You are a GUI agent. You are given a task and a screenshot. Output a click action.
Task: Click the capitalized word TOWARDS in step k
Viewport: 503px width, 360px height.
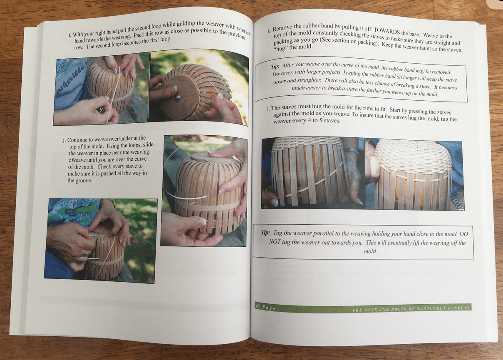coord(388,30)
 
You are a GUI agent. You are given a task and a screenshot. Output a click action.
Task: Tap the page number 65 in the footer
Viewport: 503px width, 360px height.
coord(258,306)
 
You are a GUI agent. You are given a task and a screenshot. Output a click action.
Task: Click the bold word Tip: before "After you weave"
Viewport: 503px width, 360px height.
coord(275,65)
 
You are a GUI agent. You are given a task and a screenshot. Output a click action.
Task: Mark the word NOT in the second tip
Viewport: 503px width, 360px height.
coord(275,241)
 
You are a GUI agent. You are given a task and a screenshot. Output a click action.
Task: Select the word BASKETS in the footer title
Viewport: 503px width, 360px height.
coord(460,308)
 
